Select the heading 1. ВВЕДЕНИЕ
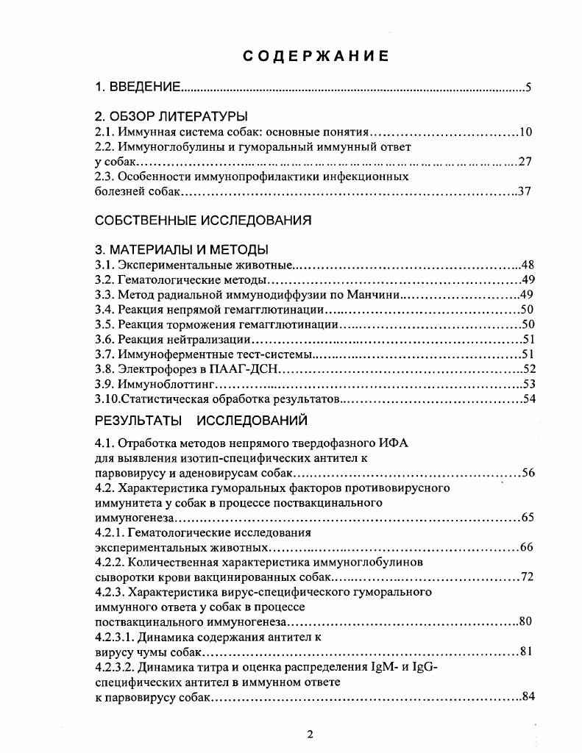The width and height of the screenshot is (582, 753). click(138, 88)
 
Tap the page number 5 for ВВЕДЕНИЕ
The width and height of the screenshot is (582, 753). click(528, 88)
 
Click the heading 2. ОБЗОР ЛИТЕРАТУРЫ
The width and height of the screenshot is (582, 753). click(171, 116)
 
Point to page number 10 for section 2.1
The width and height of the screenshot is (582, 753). click(525, 132)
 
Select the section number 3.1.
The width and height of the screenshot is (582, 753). click(105, 265)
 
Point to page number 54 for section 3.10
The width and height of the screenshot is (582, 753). click(528, 399)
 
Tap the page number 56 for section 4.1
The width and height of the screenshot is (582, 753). click(528, 472)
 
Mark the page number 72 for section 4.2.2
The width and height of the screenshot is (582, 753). click(527, 577)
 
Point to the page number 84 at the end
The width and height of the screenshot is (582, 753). click(527, 696)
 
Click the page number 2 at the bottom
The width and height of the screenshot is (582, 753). click(310, 735)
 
